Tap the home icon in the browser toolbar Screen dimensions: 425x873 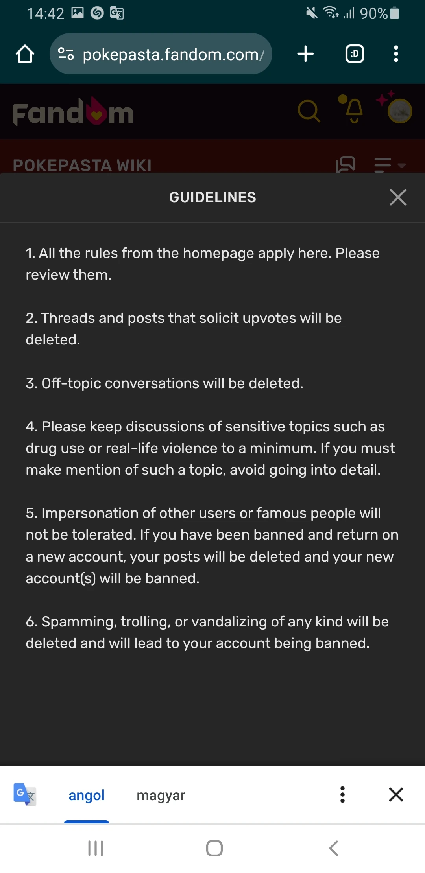pos(25,54)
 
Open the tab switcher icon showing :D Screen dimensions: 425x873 pos(355,54)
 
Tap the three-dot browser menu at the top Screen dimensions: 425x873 pos(396,54)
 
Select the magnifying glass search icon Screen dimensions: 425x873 pos(309,111)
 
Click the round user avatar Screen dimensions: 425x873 pos(400,111)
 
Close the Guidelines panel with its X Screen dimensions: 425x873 pos(398,197)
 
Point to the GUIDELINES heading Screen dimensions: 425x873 pos(213,197)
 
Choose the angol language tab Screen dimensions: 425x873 pos(87,795)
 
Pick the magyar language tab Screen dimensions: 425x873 pos(161,795)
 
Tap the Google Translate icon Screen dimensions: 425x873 pos(24,794)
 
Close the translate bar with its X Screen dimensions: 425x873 pos(396,794)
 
